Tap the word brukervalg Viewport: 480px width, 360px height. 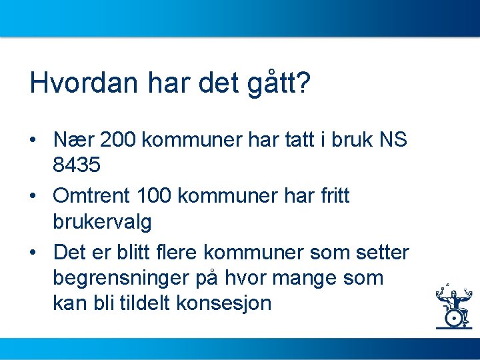click(102, 221)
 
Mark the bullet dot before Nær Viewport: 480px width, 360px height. click(32, 141)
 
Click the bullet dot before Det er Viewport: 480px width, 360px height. click(32, 253)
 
